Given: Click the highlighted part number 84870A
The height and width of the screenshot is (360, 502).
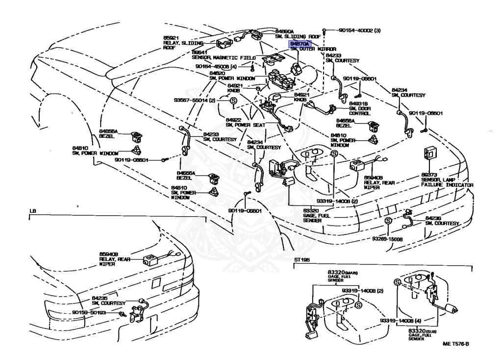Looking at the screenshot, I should [300, 43].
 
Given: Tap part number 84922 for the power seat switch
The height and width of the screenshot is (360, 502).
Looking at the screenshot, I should [233, 119].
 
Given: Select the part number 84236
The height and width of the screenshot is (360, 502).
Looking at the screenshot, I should [434, 218].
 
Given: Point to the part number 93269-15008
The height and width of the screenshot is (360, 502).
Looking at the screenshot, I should [387, 239].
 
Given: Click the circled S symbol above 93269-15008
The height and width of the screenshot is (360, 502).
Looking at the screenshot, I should [387, 220].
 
